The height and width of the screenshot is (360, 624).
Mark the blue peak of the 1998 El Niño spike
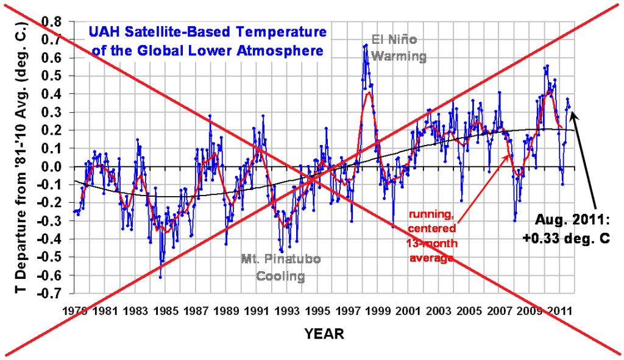click(x=366, y=44)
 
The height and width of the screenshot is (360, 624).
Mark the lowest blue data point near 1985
click(x=160, y=277)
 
